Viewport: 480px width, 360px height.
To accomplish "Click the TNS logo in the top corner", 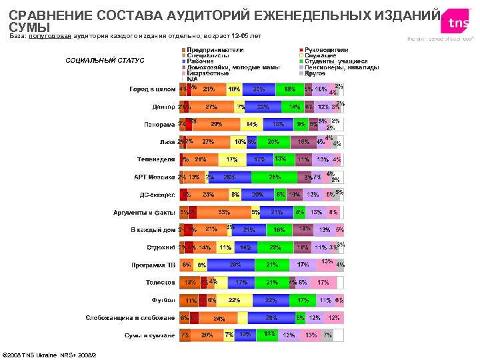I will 457,23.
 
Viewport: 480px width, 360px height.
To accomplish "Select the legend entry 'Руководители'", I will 326,50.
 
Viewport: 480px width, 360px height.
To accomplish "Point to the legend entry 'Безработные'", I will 206,73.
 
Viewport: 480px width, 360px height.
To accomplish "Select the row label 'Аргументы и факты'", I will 144,213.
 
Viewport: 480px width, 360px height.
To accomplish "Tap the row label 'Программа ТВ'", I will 153,265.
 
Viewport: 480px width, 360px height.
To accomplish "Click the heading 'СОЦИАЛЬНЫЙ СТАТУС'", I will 104,61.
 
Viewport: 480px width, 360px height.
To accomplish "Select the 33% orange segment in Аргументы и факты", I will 223,213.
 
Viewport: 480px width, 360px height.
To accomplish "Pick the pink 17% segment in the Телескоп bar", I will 323,283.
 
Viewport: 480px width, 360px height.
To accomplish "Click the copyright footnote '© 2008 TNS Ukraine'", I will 50,354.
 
